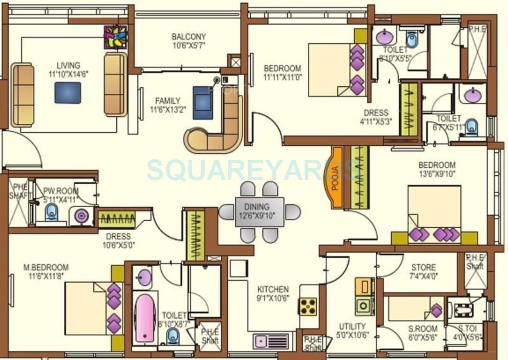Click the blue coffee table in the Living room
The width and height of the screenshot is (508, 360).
[x=67, y=93]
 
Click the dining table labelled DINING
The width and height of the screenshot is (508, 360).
[x=260, y=212]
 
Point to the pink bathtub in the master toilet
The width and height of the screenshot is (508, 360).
[x=145, y=317]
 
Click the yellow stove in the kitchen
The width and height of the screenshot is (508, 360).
[x=308, y=307]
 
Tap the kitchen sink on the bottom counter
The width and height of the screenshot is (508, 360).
[x=271, y=341]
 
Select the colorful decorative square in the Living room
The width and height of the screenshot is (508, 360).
[x=115, y=37]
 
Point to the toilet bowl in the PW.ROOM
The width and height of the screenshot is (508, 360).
[x=51, y=214]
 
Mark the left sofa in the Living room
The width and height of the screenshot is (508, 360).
[x=22, y=95]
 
